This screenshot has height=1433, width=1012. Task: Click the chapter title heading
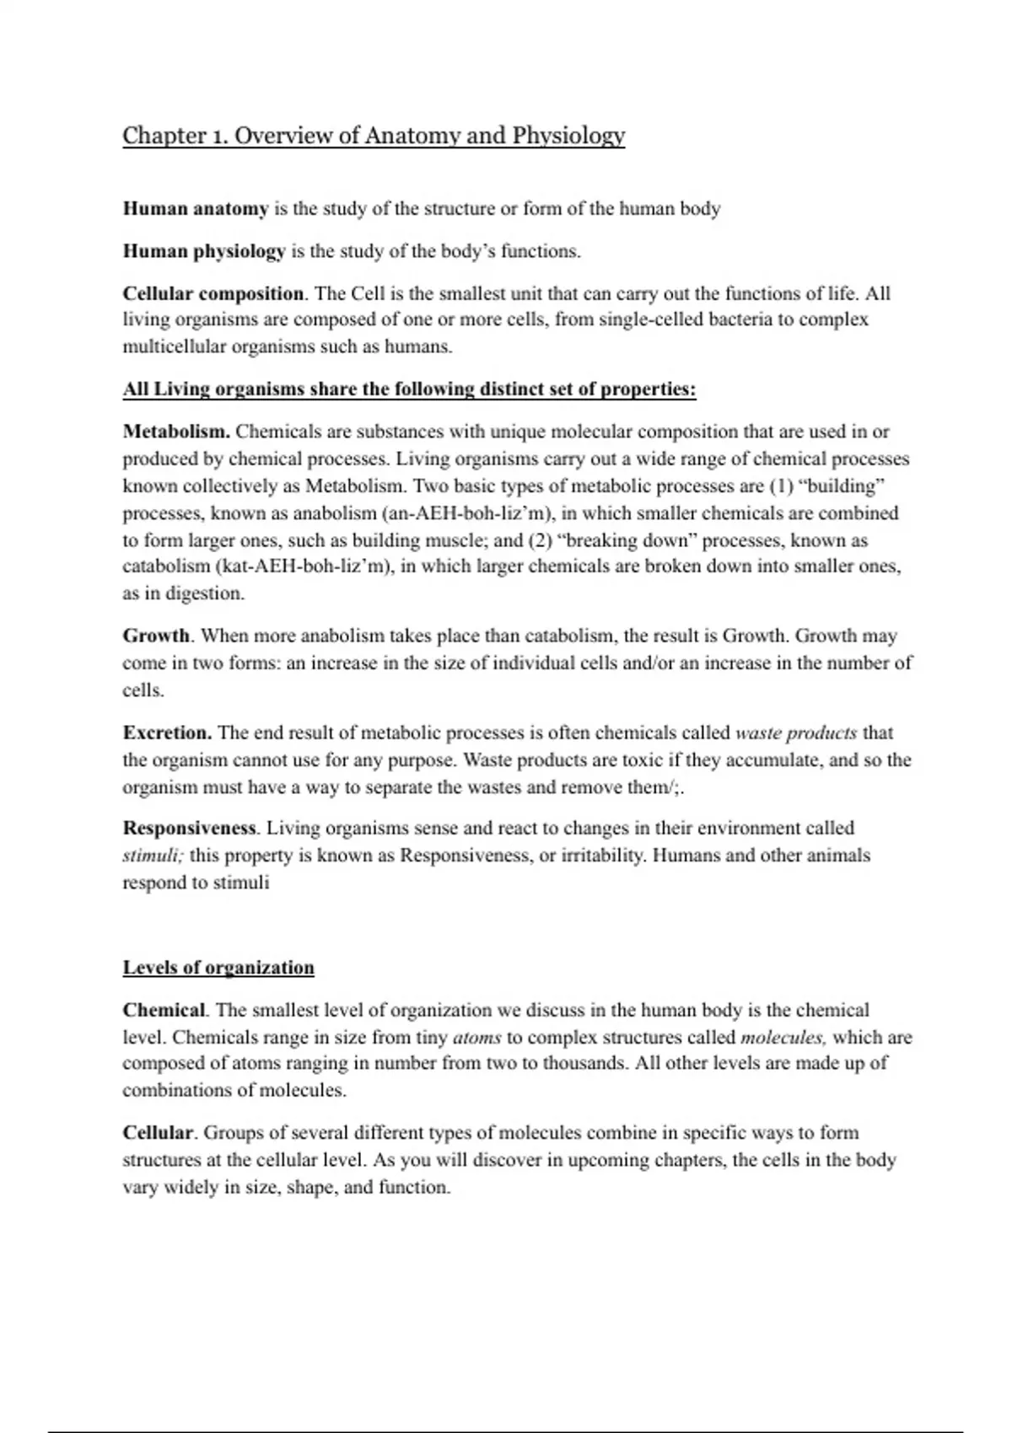pos(374,136)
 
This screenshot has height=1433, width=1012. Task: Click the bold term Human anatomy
pos(196,208)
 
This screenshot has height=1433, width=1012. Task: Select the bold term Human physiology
pos(204,251)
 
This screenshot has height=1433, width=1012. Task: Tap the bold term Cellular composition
pos(213,293)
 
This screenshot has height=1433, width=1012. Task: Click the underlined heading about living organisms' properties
pos(409,389)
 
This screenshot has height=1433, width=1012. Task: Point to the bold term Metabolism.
pos(176,432)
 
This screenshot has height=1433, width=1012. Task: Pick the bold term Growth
pos(156,636)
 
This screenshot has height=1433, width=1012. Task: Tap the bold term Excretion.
pos(167,733)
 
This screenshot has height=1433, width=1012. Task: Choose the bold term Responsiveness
pos(190,828)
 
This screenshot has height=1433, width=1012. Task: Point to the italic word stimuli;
pos(153,856)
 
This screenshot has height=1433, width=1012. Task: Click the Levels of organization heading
pos(218,968)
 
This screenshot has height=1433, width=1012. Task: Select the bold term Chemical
pos(164,1010)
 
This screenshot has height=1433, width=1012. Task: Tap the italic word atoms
pos(477,1037)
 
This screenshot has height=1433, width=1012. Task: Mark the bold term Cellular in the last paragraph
pos(158,1133)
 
